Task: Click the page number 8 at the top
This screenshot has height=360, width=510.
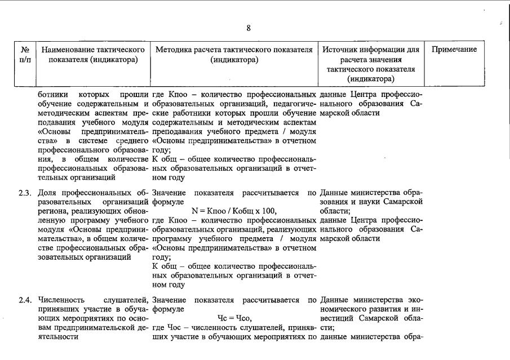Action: click(x=249, y=28)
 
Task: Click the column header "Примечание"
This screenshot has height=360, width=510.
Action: click(x=454, y=50)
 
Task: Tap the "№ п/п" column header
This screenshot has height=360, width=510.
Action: click(x=25, y=55)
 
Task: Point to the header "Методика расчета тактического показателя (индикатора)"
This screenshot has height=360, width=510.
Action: click(x=234, y=55)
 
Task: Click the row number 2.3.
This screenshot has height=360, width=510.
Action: click(x=24, y=193)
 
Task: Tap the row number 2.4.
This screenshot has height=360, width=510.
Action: click(x=24, y=300)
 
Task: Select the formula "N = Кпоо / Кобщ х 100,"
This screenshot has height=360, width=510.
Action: click(x=234, y=211)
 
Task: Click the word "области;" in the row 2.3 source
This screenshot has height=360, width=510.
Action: click(x=335, y=211)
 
